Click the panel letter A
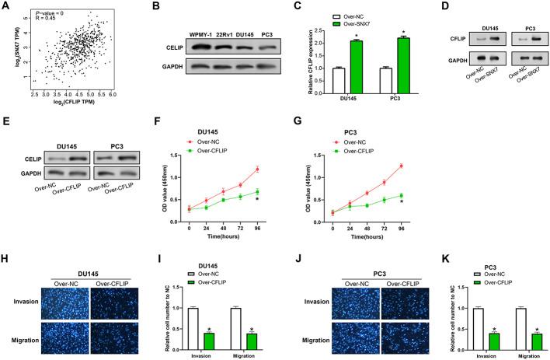5,6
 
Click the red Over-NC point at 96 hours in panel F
279,169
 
